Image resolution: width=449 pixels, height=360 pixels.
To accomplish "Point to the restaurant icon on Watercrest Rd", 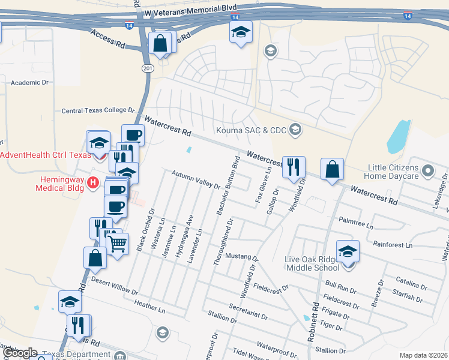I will pyautogui.click(x=294, y=167).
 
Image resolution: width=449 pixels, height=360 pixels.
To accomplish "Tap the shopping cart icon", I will pyautogui.click(x=117, y=243).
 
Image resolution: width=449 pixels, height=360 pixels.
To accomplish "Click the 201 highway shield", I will pyautogui.click(x=148, y=69).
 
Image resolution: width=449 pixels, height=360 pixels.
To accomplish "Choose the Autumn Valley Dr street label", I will pyautogui.click(x=196, y=180).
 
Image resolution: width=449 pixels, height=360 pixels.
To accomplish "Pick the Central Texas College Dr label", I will pyautogui.click(x=98, y=110).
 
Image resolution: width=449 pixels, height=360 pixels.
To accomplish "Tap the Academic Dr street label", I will pyautogui.click(x=29, y=83).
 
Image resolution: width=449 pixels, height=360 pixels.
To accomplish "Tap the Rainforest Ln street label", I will pyautogui.click(x=393, y=245).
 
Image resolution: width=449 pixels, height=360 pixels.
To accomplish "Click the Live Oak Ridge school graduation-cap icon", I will pyautogui.click(x=348, y=252).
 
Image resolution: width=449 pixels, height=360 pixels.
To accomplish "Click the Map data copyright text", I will pyautogui.click(x=423, y=355).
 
